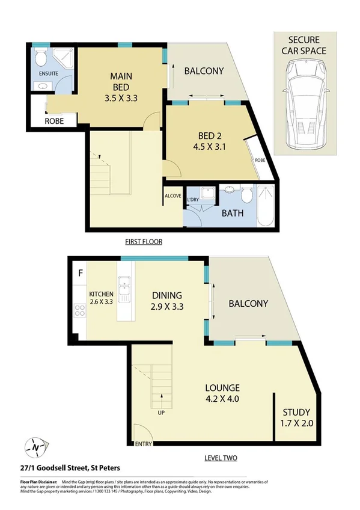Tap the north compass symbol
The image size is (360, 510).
[x=37, y=447]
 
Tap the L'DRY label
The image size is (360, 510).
[x=193, y=200]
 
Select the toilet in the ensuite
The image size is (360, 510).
[x=41, y=58]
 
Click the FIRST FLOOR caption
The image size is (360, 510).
[x=144, y=242]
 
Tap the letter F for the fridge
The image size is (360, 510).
[x=79, y=272]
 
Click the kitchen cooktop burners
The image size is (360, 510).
[x=78, y=311]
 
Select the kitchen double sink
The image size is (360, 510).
[x=125, y=289]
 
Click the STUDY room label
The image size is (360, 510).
[x=296, y=413]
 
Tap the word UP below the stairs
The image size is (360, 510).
[x=162, y=414]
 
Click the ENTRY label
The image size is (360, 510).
[x=144, y=444]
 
